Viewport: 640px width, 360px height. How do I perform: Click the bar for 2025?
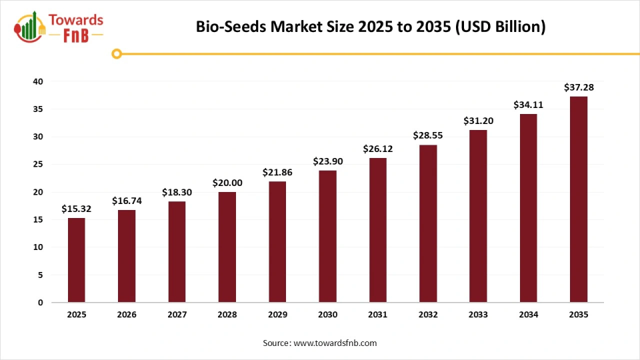[76, 260]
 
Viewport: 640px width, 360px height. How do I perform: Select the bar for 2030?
[327, 236]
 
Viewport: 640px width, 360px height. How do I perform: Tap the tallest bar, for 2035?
[578, 199]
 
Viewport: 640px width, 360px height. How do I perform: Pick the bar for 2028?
[227, 247]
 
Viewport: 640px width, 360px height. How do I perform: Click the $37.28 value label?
[578, 87]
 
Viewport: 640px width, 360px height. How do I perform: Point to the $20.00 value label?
[227, 183]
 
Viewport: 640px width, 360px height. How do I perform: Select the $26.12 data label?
[377, 149]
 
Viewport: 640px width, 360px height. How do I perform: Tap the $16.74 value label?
[127, 201]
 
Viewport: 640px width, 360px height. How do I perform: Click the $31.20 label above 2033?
[478, 121]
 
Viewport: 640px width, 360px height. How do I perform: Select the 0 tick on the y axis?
[40, 303]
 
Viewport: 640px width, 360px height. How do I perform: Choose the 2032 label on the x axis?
[427, 314]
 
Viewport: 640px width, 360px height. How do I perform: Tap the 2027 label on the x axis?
[177, 314]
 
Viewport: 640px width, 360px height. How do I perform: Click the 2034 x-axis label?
[528, 314]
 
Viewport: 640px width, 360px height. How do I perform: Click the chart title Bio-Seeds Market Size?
[370, 27]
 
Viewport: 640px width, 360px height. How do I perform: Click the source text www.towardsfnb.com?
[320, 343]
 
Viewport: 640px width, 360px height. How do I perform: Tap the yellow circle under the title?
[117, 53]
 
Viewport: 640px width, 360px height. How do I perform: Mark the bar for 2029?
[277, 241]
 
